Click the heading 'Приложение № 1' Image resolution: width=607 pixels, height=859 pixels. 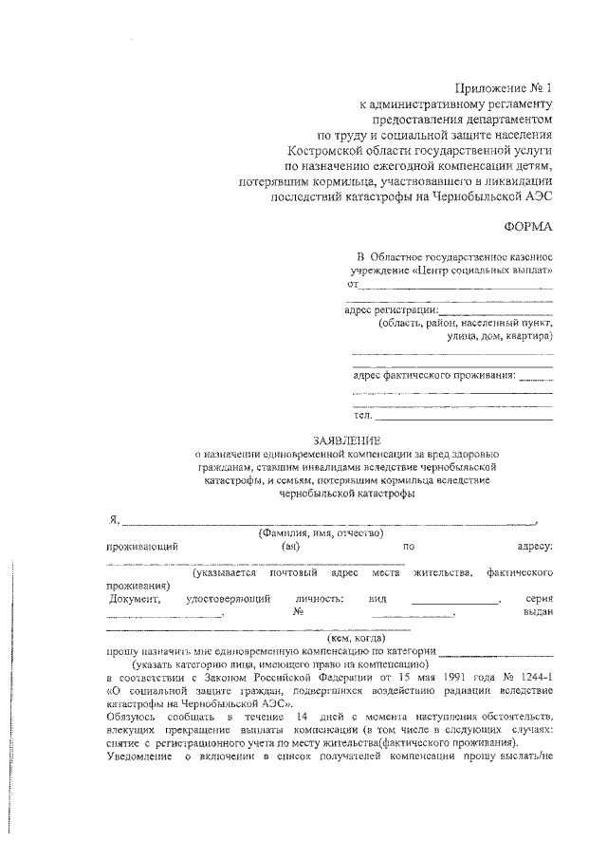click(503, 85)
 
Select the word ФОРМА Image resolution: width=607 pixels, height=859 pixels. click(526, 226)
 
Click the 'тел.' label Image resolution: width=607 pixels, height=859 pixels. click(361, 415)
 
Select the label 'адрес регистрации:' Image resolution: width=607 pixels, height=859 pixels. click(391, 309)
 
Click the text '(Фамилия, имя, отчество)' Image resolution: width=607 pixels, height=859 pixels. click(320, 535)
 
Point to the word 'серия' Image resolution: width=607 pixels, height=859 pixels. click(539, 600)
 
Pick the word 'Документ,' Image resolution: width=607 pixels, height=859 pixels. click(134, 600)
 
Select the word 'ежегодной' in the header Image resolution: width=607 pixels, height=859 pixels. click(395, 167)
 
